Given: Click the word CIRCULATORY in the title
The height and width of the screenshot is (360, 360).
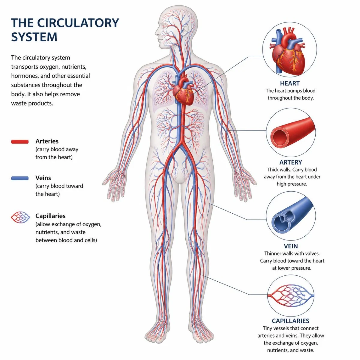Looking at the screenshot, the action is [78, 23].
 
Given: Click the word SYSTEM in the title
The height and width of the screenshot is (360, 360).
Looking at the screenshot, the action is [34, 37].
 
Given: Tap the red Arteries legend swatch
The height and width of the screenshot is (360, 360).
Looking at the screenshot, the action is [20, 142].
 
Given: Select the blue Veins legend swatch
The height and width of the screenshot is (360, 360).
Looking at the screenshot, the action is [20, 178].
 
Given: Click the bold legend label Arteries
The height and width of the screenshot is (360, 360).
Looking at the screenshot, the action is [47, 141].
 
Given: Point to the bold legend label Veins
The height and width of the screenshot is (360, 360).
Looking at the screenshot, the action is [43, 178].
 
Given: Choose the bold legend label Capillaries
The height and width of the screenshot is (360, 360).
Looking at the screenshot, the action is [50, 216].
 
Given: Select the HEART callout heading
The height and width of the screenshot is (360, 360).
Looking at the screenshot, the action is [290, 83].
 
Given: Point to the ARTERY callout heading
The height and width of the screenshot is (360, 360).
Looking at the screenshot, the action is [291, 162].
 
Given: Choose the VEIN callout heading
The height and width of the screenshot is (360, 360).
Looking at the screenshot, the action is [291, 246].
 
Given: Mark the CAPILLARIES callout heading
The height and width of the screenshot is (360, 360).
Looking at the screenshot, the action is [290, 321].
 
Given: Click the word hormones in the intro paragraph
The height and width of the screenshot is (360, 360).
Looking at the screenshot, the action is [24, 76].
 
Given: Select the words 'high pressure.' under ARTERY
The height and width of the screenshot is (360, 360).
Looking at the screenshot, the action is [292, 184].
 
